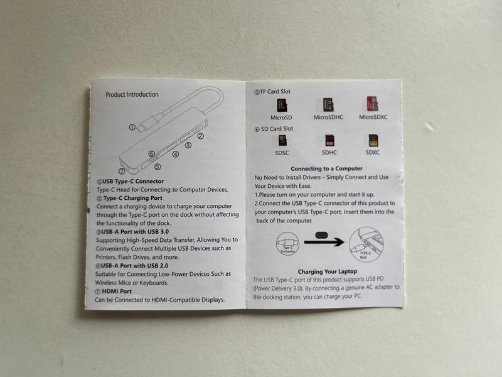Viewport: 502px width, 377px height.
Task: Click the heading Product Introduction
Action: pos(132,95)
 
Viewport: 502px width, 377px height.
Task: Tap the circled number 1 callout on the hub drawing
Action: pos(132,128)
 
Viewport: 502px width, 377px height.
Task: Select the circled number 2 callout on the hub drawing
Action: pos(200,136)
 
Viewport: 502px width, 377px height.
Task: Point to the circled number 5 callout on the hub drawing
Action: pos(158,167)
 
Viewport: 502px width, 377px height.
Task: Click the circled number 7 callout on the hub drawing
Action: pos(122,172)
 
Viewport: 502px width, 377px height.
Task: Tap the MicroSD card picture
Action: pos(282,106)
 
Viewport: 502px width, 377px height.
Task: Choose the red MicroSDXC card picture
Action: pos(372,104)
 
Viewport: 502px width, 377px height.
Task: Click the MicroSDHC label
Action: pos(328,117)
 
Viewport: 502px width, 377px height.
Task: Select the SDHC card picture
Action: pos(329,140)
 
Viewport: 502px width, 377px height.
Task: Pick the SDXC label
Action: pos(373,152)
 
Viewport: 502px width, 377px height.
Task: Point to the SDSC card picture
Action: pos(282,140)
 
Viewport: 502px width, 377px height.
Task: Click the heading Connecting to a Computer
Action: pos(326,168)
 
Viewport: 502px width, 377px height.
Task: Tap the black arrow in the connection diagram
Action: pos(324,242)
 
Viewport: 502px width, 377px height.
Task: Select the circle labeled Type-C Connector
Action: pos(287,244)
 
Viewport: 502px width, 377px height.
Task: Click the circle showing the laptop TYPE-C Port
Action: pos(366,244)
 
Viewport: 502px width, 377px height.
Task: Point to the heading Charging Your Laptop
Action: pos(327,271)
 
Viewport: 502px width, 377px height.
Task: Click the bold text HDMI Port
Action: pos(117,292)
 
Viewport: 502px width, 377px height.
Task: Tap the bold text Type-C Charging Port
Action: pos(133,198)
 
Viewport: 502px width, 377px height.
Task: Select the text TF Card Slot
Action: pos(275,92)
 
